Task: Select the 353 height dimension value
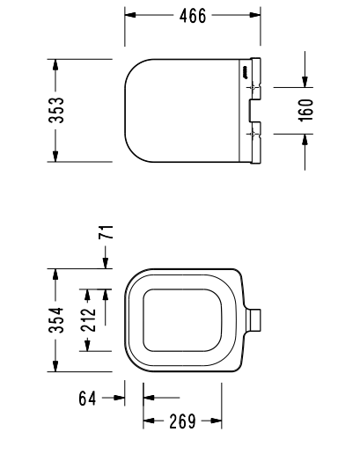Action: [55, 111]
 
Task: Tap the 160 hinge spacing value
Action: [305, 111]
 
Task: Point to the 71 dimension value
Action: [106, 233]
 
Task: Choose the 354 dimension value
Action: [55, 320]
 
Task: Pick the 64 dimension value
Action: [87, 399]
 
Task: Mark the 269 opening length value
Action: [181, 421]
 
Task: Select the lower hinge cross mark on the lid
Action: [254, 132]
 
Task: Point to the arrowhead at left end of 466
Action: [129, 16]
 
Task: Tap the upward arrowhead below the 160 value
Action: [305, 139]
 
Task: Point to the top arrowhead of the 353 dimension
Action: [55, 64]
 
